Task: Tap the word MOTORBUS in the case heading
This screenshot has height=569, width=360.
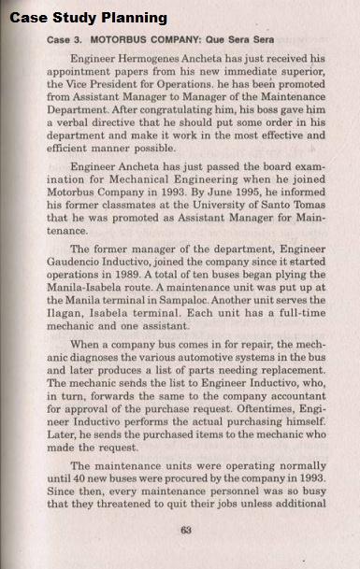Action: [x=139, y=41]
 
